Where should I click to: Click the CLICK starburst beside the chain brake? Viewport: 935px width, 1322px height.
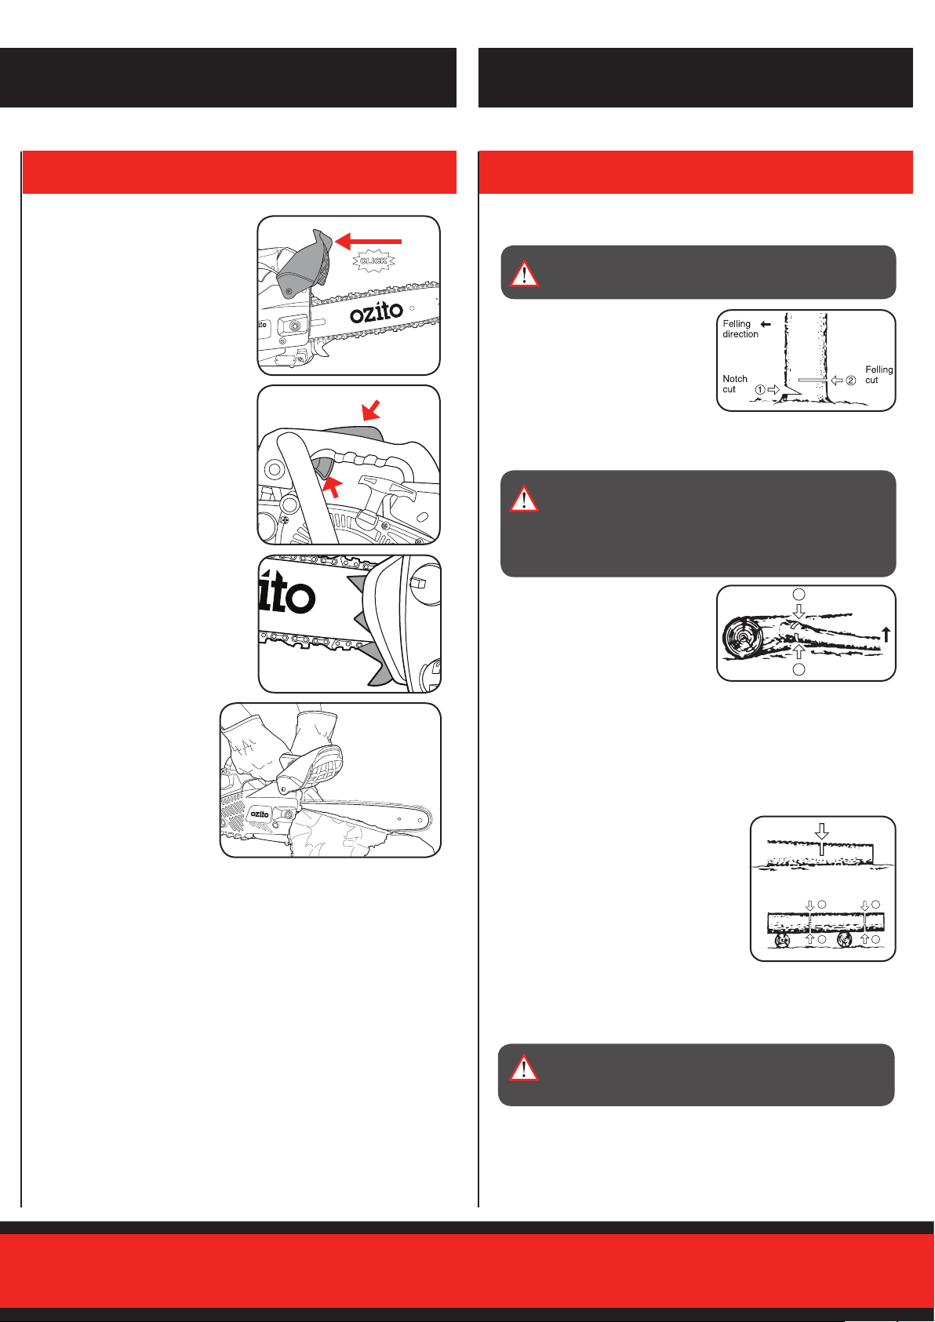374,260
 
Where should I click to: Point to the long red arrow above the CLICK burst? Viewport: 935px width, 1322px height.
368,240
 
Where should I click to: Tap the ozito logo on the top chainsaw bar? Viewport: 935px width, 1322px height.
377,313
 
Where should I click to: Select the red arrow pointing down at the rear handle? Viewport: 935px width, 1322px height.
371,409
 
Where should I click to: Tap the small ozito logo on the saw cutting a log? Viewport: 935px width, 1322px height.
260,814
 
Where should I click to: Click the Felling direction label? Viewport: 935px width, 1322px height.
740,329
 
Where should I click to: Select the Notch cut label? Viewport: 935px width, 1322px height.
734,384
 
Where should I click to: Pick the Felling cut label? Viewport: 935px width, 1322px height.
879,374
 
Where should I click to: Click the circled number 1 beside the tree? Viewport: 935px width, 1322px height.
760,389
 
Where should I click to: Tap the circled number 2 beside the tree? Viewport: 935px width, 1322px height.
850,381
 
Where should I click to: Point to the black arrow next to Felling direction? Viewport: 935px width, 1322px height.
766,323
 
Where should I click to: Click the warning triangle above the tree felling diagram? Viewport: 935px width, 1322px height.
524,272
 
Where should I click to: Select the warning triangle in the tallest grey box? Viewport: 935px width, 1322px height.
524,498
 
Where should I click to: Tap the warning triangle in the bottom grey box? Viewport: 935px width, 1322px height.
523,1068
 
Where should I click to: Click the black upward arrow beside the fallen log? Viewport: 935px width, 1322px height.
886,634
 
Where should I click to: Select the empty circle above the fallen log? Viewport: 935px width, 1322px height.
799,595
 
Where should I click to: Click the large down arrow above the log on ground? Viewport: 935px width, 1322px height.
821,831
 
